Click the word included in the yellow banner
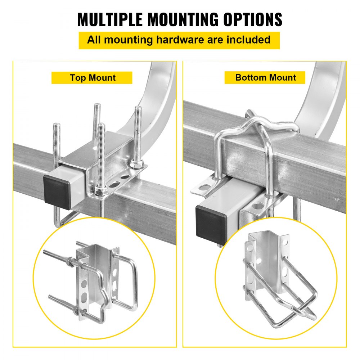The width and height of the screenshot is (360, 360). coord(248,39)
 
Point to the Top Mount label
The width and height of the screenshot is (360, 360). coord(92,78)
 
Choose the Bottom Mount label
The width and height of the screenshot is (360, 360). coord(265,77)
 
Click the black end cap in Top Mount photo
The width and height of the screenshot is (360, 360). coord(58,191)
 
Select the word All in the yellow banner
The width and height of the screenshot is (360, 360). coord(95,39)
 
